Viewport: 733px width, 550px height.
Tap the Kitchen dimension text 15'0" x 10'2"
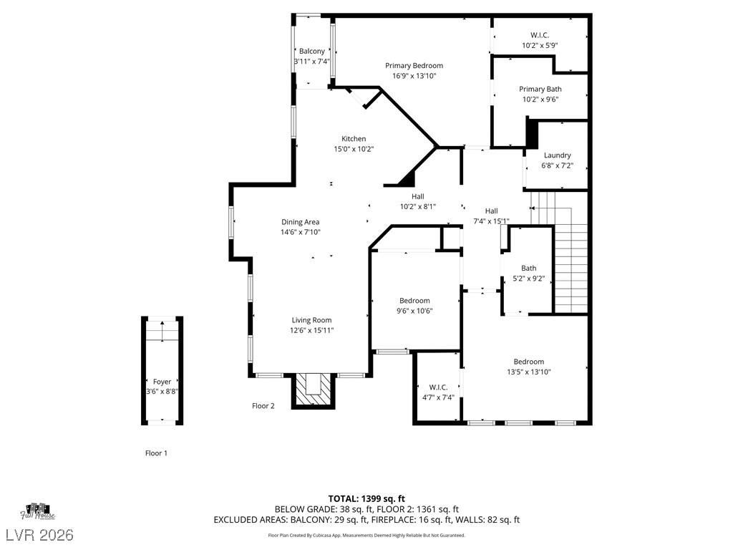(x=354, y=149)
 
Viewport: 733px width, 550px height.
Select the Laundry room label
(x=557, y=155)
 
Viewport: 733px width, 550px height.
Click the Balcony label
(x=311, y=52)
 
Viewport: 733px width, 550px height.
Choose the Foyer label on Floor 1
(x=162, y=382)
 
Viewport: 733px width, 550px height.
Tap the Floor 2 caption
(x=263, y=406)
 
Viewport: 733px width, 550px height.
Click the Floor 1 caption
(x=156, y=453)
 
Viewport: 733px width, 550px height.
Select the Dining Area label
(x=300, y=222)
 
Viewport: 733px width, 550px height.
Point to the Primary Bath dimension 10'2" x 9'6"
(x=540, y=100)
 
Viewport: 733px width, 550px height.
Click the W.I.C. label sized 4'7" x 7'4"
(x=438, y=387)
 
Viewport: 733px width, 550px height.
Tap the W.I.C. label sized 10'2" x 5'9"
(x=540, y=35)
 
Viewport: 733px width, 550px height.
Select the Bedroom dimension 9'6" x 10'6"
(x=414, y=311)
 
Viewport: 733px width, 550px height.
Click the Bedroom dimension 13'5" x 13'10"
(x=528, y=372)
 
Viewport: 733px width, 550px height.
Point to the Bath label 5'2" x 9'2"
(x=528, y=269)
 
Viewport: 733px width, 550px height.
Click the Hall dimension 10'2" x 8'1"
(x=417, y=206)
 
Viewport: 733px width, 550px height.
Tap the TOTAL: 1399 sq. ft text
(x=366, y=498)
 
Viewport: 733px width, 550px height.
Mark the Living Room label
(x=311, y=320)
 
